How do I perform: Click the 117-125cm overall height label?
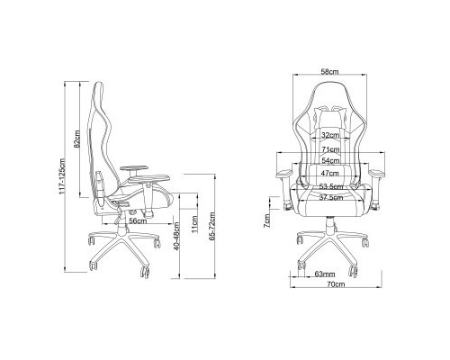63,176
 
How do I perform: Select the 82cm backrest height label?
77,139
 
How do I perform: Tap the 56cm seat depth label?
138,220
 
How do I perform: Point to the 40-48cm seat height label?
176,236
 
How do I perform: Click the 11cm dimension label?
194,224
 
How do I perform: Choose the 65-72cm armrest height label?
212,226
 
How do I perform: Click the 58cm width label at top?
329,72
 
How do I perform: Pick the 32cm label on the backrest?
330,135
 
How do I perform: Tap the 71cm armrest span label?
330,149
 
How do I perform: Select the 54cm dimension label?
330,160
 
